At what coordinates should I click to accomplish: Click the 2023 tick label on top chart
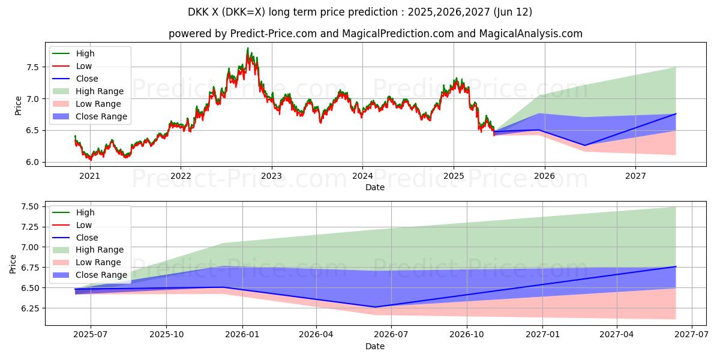pos(271,176)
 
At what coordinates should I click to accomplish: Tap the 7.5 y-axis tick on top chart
pos(34,67)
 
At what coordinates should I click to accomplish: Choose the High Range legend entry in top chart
pos(100,91)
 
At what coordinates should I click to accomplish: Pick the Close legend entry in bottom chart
pos(87,238)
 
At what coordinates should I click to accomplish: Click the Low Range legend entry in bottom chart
pos(98,262)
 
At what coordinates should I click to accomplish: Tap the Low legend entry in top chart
pos(84,66)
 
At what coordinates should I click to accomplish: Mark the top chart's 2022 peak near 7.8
pos(248,48)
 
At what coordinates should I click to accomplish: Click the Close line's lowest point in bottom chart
pos(376,307)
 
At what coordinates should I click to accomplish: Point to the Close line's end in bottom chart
pos(676,266)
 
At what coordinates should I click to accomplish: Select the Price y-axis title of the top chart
pos(18,106)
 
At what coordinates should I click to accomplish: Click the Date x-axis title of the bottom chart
pos(375,346)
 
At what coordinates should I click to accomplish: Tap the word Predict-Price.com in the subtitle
pos(273,34)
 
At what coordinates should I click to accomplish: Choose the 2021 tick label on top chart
pos(89,176)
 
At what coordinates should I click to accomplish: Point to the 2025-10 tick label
pos(166,335)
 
